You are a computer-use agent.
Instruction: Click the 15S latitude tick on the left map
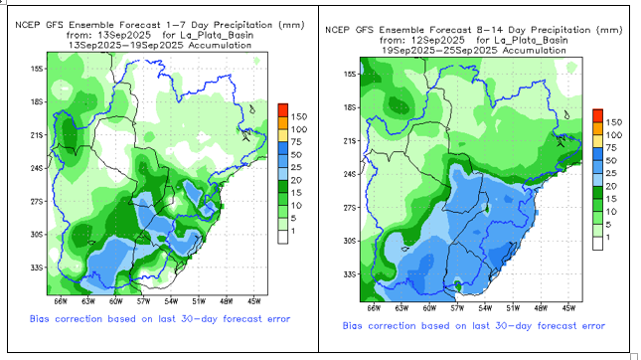pos(37,69)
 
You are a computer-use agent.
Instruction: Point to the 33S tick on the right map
pos(350,274)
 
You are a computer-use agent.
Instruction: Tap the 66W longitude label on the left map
pos(60,301)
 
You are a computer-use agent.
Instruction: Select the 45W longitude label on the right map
pos(568,308)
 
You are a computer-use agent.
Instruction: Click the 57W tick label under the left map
pos(143,301)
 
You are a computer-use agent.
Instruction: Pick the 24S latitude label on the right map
pos(350,174)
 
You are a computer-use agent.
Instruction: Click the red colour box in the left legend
pos(283,110)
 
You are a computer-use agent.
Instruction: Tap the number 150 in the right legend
pos(614,122)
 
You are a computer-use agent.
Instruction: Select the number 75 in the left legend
pos(296,142)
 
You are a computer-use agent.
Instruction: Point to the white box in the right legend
pos(597,244)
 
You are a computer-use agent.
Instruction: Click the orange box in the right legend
pos(597,128)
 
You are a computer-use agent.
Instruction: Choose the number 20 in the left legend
pos(296,180)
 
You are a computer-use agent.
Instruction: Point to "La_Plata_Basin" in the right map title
pos(531,40)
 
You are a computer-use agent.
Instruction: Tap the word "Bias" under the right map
pos(353,325)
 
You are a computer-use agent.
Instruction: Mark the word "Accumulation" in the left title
pos(220,45)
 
